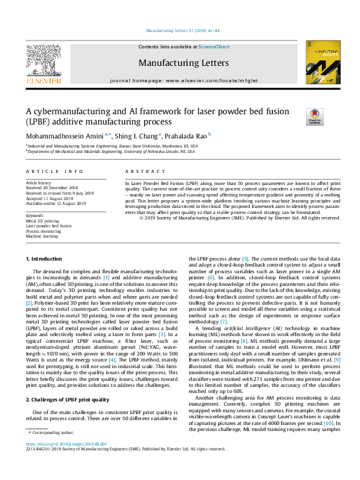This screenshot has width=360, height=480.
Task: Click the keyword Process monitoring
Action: [x=43, y=231]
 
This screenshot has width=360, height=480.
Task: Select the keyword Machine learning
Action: [x=42, y=236]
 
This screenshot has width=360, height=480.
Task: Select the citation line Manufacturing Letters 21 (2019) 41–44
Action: [x=180, y=30]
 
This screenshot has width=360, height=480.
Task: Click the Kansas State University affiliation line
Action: [x=108, y=146]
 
